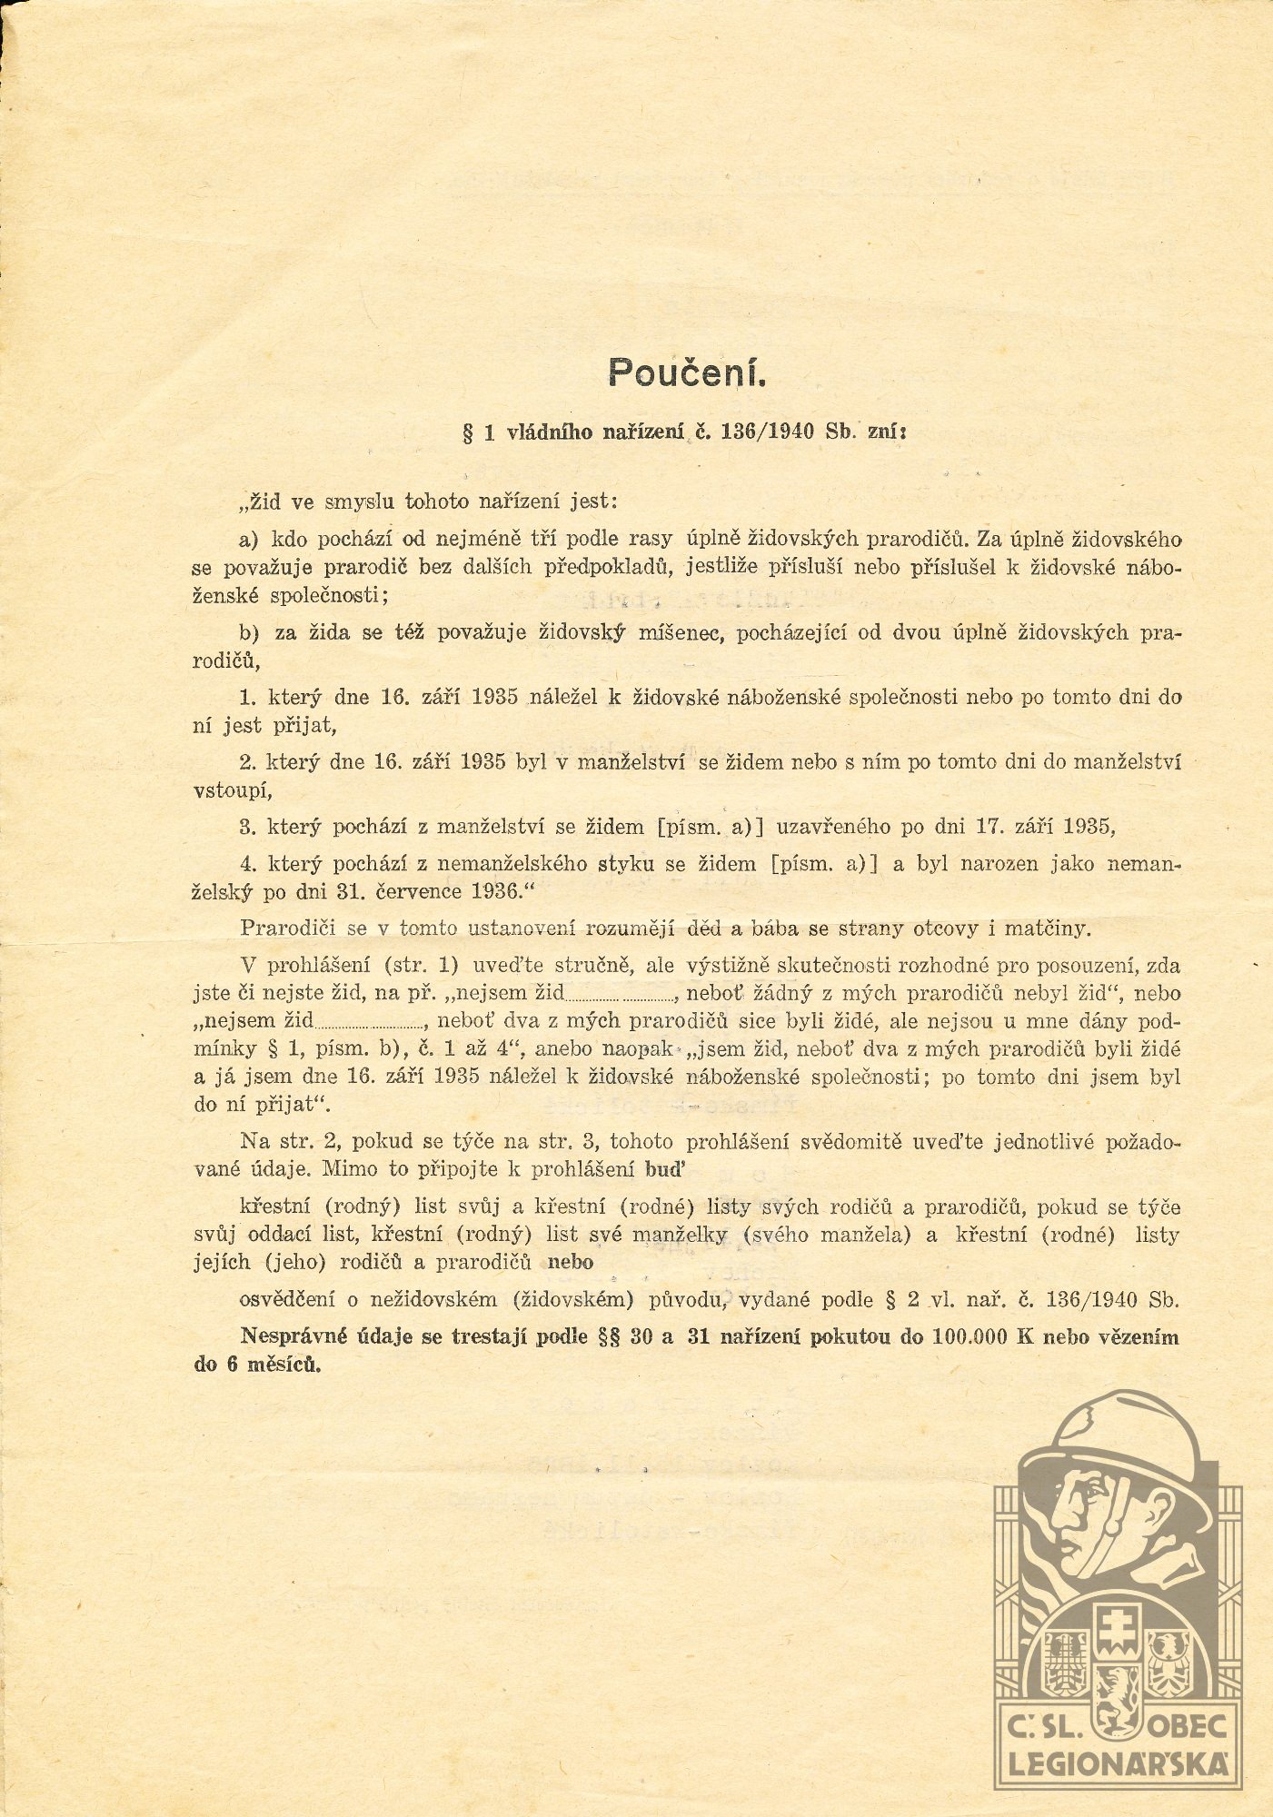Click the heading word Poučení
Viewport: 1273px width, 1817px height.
(x=688, y=372)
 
